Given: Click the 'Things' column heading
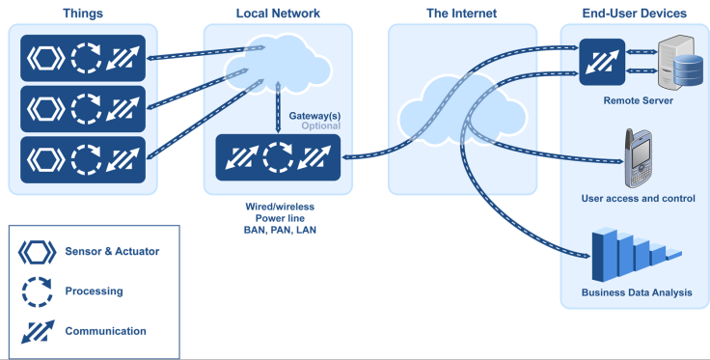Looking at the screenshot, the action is pyautogui.click(x=83, y=14).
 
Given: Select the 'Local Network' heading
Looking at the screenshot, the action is pyautogui.click(x=278, y=14).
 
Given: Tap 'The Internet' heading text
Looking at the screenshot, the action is pyautogui.click(x=461, y=14).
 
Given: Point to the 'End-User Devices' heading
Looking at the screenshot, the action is pyautogui.click(x=634, y=14).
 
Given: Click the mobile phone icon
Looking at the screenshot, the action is pyautogui.click(x=639, y=158).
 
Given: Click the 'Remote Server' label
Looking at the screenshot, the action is pyautogui.click(x=638, y=100).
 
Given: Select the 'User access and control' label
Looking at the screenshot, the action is pyautogui.click(x=638, y=199).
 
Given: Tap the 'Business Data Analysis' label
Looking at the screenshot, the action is pyautogui.click(x=637, y=292).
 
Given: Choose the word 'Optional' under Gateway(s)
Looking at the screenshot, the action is pyautogui.click(x=321, y=125).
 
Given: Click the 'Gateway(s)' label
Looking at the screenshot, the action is pyautogui.click(x=314, y=116).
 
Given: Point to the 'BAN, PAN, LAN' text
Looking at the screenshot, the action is pyautogui.click(x=280, y=230).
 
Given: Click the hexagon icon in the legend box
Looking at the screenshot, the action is pyautogui.click(x=37, y=252).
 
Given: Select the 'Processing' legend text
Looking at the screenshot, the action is pyautogui.click(x=94, y=291).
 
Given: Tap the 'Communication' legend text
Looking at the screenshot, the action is pyautogui.click(x=105, y=331).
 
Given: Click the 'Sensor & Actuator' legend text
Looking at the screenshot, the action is pyautogui.click(x=112, y=251).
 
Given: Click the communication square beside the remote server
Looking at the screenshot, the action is pyautogui.click(x=602, y=62).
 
